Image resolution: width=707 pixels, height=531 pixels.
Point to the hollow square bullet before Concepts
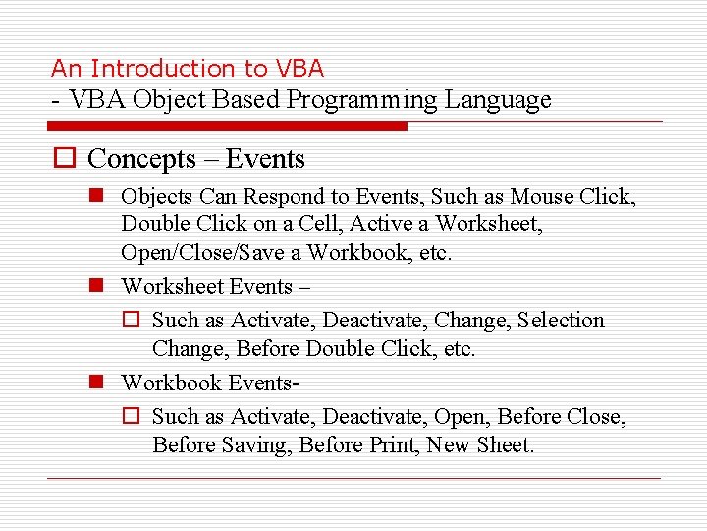[64, 159]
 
